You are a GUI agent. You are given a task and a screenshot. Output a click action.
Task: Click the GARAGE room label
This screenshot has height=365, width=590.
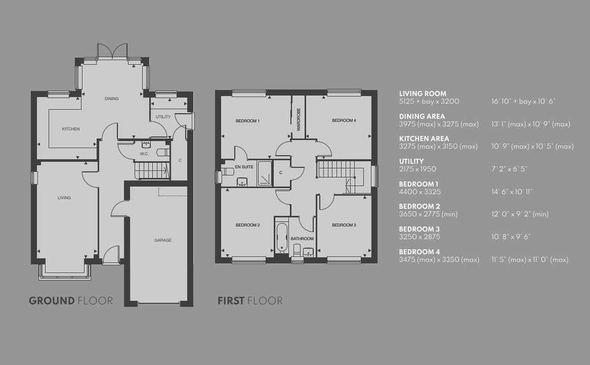click(162, 240)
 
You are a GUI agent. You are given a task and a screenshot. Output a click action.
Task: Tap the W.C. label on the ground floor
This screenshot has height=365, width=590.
click(144, 154)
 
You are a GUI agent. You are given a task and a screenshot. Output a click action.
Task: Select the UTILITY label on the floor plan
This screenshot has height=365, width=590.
click(163, 117)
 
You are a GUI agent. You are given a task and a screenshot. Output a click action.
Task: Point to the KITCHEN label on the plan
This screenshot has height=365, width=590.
click(71, 129)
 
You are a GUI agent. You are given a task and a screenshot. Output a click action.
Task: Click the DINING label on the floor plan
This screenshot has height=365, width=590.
click(112, 99)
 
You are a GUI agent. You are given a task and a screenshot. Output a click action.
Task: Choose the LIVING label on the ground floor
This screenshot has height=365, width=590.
click(64, 198)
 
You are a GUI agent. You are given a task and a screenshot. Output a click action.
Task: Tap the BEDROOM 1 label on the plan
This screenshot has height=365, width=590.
click(247, 121)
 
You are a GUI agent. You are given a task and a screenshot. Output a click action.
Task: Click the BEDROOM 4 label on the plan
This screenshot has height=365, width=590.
click(344, 120)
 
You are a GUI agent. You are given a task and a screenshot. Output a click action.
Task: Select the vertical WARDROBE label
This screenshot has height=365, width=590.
click(299, 119)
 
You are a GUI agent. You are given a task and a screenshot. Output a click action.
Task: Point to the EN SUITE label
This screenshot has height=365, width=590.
click(244, 167)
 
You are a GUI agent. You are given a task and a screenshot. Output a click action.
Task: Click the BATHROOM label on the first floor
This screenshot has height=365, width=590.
click(302, 239)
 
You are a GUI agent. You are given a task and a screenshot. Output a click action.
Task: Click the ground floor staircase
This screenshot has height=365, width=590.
click(152, 170)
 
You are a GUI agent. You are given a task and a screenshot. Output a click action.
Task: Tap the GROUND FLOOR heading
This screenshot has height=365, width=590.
click(71, 301)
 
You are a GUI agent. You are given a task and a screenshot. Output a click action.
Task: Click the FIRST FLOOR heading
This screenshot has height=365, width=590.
click(250, 301)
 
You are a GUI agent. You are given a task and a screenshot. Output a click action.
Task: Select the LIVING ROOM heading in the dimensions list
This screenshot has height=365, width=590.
click(423, 94)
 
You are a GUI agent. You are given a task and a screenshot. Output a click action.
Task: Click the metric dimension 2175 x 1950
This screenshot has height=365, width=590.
click(417, 169)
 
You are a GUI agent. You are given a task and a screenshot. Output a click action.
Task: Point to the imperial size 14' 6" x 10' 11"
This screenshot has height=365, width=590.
click(512, 192)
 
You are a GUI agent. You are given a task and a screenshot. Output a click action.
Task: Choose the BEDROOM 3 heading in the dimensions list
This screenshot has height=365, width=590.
click(419, 229)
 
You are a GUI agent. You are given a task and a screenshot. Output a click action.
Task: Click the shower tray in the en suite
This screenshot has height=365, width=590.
click(265, 174)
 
